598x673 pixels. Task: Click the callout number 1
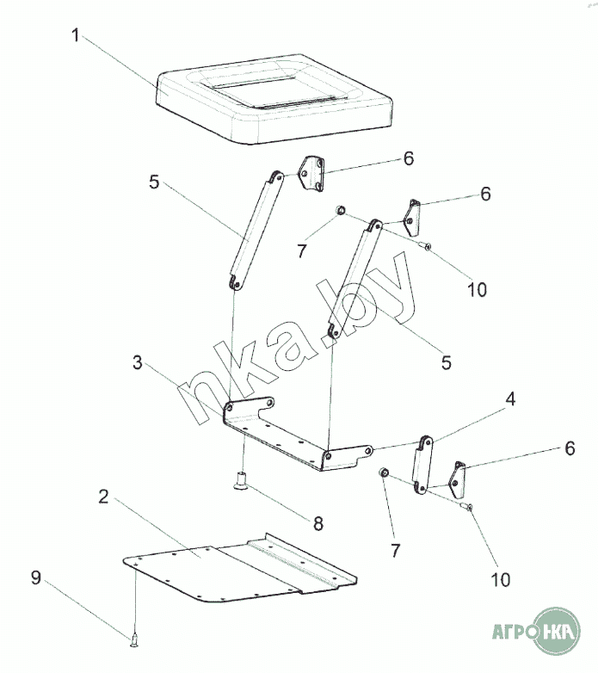[x=76, y=35]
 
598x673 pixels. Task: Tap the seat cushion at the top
[x=274, y=100]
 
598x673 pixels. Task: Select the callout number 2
[x=104, y=497]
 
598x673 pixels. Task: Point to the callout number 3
[x=138, y=362]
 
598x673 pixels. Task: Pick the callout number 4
[x=510, y=399]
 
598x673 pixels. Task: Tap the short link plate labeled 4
[x=422, y=465]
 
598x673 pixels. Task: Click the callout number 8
[x=318, y=523]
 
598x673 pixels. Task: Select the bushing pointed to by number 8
[x=242, y=479]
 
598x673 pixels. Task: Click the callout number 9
[x=36, y=577]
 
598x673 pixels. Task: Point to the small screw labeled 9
[x=134, y=641]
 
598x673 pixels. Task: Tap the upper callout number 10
[x=477, y=290]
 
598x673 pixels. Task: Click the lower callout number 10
[x=501, y=580]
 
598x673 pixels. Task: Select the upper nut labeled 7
[x=340, y=210]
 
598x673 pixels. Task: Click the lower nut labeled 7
[x=384, y=472]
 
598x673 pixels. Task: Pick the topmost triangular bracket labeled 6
[x=311, y=174]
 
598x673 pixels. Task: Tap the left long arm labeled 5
[x=256, y=231]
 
